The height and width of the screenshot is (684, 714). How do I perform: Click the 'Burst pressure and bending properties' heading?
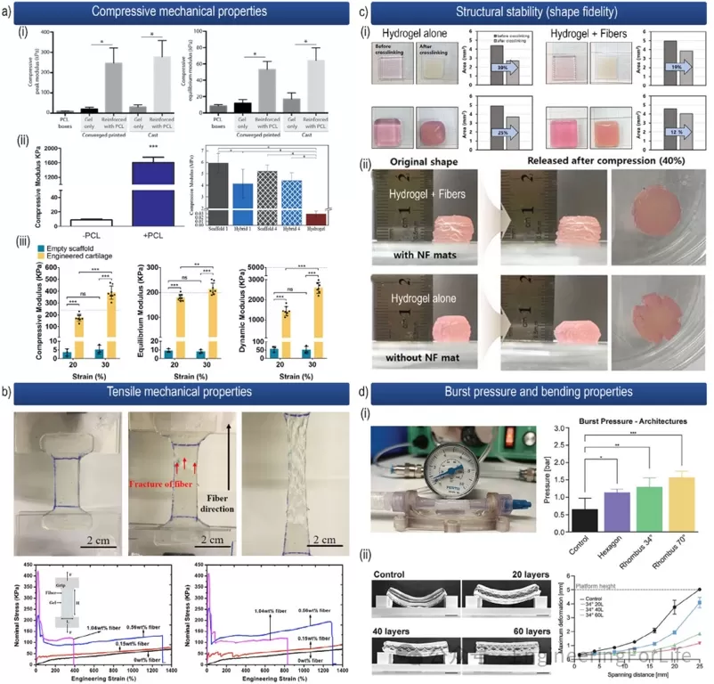[546, 391]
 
